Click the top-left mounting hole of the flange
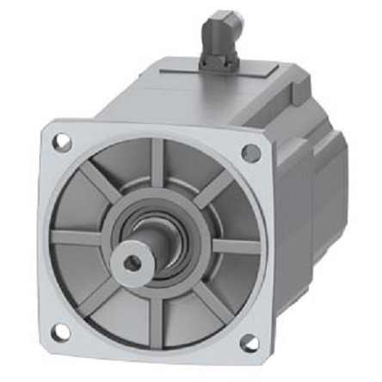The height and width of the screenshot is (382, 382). [63, 143]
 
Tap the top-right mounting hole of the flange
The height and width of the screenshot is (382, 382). [250, 152]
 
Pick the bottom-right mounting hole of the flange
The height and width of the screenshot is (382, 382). [249, 343]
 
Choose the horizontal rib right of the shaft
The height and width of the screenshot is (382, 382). [237, 246]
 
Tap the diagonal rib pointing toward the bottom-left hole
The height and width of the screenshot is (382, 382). [99, 293]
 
